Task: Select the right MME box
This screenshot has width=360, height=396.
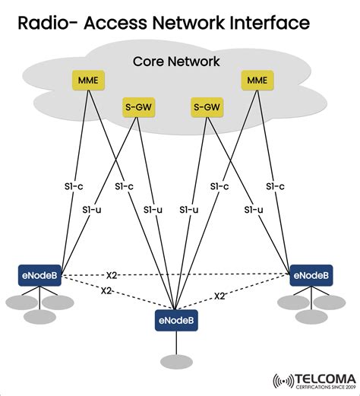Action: point(256,79)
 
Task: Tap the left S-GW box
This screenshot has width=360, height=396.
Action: point(137,108)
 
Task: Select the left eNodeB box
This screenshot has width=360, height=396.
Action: point(40,275)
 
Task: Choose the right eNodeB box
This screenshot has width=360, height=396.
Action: point(311,275)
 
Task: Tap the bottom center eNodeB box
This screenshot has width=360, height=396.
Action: point(176,321)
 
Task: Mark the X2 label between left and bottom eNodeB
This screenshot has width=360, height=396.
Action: point(109,291)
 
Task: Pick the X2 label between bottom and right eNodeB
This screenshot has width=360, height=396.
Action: point(219,296)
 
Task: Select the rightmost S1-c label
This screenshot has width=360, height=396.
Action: point(275,186)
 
